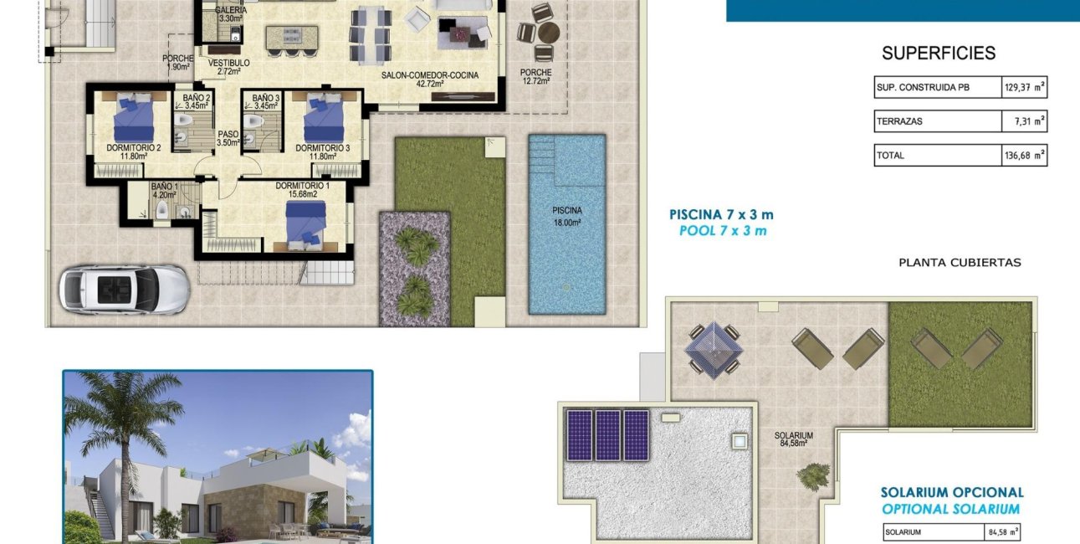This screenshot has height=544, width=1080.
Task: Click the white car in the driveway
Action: [x=124, y=290]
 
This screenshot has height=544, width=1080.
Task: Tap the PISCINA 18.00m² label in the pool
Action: [x=566, y=216]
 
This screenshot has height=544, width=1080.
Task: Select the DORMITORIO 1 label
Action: [x=302, y=190]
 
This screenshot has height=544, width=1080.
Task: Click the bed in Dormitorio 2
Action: [x=133, y=118]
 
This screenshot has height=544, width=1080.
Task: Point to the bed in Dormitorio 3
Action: [x=324, y=118]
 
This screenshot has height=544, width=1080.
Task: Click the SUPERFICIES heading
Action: [x=939, y=54]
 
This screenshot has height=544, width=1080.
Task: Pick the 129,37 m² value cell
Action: [x=1025, y=87]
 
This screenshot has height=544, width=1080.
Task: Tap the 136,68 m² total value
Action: [x=1025, y=155]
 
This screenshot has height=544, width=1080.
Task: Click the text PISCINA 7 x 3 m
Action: [x=721, y=215]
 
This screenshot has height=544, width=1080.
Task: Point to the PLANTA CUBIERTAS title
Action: [x=960, y=262]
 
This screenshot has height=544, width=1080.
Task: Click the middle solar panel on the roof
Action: [x=607, y=434]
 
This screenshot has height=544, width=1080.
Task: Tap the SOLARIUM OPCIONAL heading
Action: [x=952, y=493]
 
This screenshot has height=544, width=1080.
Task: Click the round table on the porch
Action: [x=547, y=33]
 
